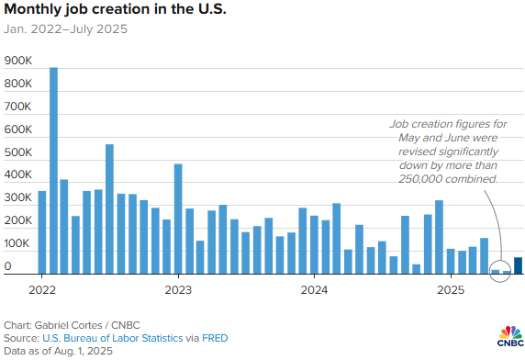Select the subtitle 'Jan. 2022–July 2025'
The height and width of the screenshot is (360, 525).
[x=66, y=29]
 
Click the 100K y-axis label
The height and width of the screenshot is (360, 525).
[x=19, y=243]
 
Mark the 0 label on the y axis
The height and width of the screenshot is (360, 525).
[x=7, y=266]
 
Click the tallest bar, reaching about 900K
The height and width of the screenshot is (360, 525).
[x=53, y=171]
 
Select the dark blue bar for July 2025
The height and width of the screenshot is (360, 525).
[x=519, y=265]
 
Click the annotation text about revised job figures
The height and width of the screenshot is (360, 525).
[x=447, y=151]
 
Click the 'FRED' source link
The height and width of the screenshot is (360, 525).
[x=213, y=339]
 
